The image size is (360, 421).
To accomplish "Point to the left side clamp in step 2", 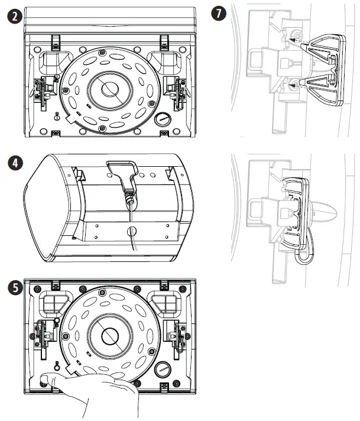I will tap(43, 88).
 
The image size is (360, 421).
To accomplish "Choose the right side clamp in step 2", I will tap(176, 88).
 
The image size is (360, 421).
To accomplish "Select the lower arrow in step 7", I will tap(295, 86).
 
